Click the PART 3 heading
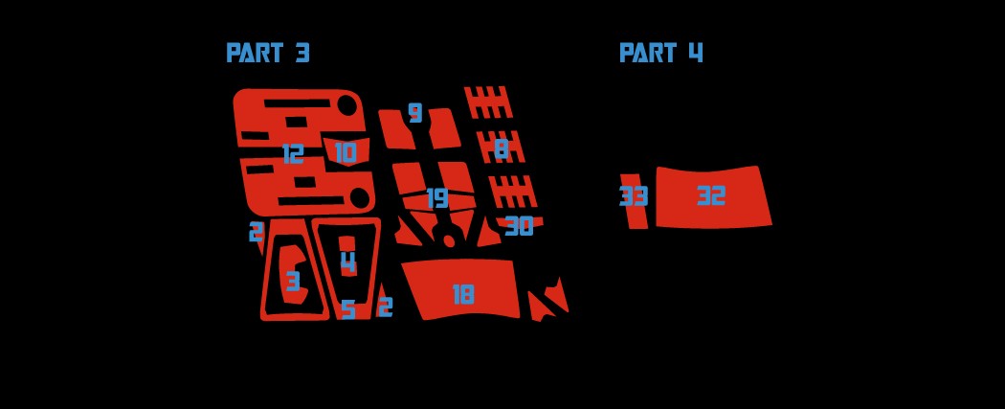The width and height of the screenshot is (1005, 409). (x=268, y=54)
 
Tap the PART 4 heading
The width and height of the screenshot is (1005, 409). (x=660, y=54)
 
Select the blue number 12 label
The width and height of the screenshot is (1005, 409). (x=293, y=153)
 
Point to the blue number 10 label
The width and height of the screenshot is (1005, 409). (x=345, y=153)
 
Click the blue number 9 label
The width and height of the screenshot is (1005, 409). (x=414, y=113)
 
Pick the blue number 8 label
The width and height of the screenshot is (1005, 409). (x=501, y=148)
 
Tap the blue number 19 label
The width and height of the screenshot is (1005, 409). (x=437, y=198)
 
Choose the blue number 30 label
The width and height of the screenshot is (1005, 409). (x=519, y=227)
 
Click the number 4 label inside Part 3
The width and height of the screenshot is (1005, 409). (x=347, y=261)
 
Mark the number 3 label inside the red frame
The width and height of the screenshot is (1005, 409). (x=293, y=282)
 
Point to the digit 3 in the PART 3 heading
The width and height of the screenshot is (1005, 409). (x=302, y=54)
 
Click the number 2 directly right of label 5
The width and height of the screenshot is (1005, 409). (x=385, y=307)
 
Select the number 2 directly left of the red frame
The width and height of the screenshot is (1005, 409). (x=256, y=232)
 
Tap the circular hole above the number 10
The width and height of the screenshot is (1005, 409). (x=346, y=104)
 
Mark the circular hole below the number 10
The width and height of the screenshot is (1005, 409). (x=359, y=197)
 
